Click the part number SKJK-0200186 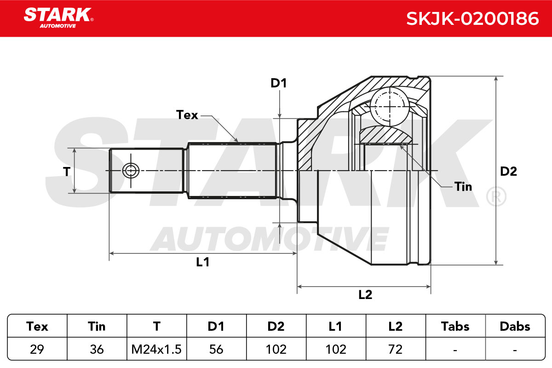[472, 19]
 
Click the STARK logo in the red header [58, 18]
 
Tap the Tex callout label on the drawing [187, 115]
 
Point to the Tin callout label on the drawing [463, 187]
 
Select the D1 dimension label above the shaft [279, 83]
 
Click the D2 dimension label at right [508, 171]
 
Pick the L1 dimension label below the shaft [202, 262]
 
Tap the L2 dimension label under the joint [365, 294]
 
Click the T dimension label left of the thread [67, 171]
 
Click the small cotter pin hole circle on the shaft [131, 170]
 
